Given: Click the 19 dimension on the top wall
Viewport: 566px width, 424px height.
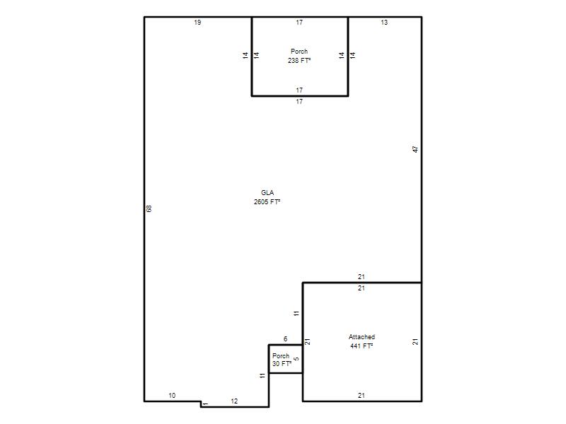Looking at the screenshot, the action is coord(197,23).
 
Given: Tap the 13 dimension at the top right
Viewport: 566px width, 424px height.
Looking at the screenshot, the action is coord(384,23).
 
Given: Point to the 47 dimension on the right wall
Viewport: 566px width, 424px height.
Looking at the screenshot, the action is coord(415,149).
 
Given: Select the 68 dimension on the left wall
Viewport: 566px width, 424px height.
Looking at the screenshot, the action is coord(149,208).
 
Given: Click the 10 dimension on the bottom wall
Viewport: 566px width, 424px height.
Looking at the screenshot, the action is coord(172,396).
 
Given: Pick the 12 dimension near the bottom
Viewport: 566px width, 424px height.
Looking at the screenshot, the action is coord(234,401).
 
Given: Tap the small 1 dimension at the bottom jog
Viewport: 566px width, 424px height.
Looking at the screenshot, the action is coord(205,404).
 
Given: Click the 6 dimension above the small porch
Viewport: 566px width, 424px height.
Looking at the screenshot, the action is coord(286,339).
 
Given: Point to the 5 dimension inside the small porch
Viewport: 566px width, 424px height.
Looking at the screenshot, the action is coord(296,359).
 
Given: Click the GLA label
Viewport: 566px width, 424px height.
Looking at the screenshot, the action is coord(267,192).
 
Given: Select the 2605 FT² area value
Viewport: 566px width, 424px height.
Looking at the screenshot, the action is coord(267,202).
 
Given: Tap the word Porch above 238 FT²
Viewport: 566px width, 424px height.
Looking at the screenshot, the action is coord(299,51).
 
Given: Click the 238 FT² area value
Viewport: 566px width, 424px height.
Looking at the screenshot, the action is coord(299,61).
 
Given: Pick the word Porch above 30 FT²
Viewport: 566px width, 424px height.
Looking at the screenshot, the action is coord(281,355).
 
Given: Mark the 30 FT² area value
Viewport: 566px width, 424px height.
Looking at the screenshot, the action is coord(282,364).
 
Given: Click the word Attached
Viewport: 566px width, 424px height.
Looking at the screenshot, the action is coord(362,337).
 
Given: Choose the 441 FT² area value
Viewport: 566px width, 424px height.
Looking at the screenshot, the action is coord(362,346).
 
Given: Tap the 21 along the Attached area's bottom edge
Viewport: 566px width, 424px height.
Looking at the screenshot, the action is coord(362,396).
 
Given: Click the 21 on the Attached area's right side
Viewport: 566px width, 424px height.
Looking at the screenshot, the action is coord(415,341).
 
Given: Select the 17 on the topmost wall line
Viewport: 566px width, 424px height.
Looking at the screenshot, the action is coord(299,23).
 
